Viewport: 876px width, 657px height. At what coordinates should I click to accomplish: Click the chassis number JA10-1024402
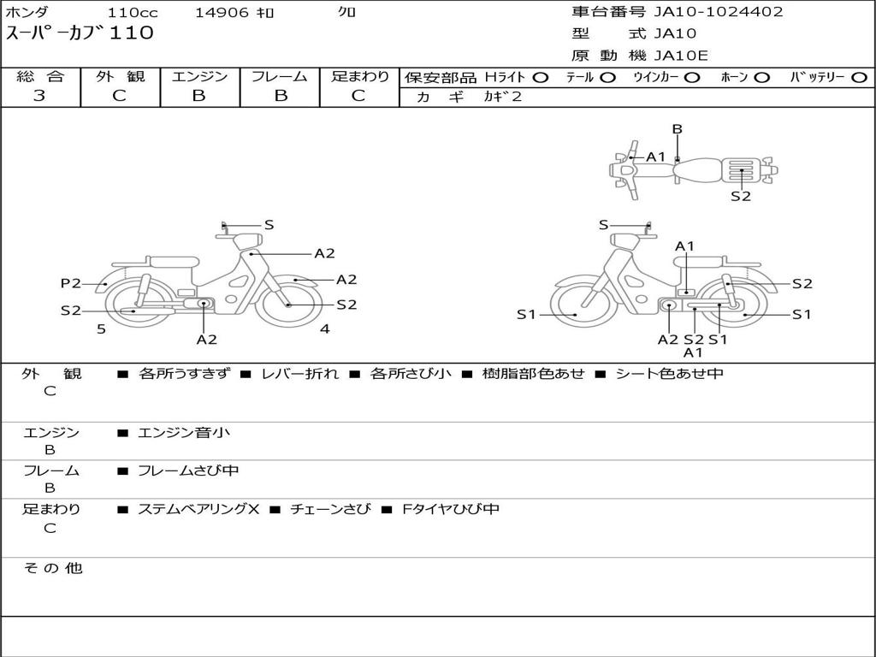pyautogui.click(x=719, y=12)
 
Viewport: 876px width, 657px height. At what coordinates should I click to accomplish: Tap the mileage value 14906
pyautogui.click(x=222, y=12)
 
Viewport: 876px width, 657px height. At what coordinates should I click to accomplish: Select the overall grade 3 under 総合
pyautogui.click(x=39, y=96)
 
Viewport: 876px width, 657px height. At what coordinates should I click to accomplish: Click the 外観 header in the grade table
pyautogui.click(x=120, y=76)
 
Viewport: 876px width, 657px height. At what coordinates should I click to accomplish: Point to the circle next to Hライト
pyautogui.click(x=541, y=78)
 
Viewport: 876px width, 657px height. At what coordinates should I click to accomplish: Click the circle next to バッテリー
pyautogui.click(x=859, y=78)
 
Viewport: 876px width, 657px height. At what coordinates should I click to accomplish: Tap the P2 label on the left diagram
pyautogui.click(x=71, y=283)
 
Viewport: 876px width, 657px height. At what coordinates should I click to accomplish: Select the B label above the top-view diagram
pyautogui.click(x=678, y=129)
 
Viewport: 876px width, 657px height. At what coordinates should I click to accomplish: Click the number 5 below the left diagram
pyautogui.click(x=101, y=329)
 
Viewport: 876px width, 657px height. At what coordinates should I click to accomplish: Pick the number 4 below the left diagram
pyautogui.click(x=324, y=329)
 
